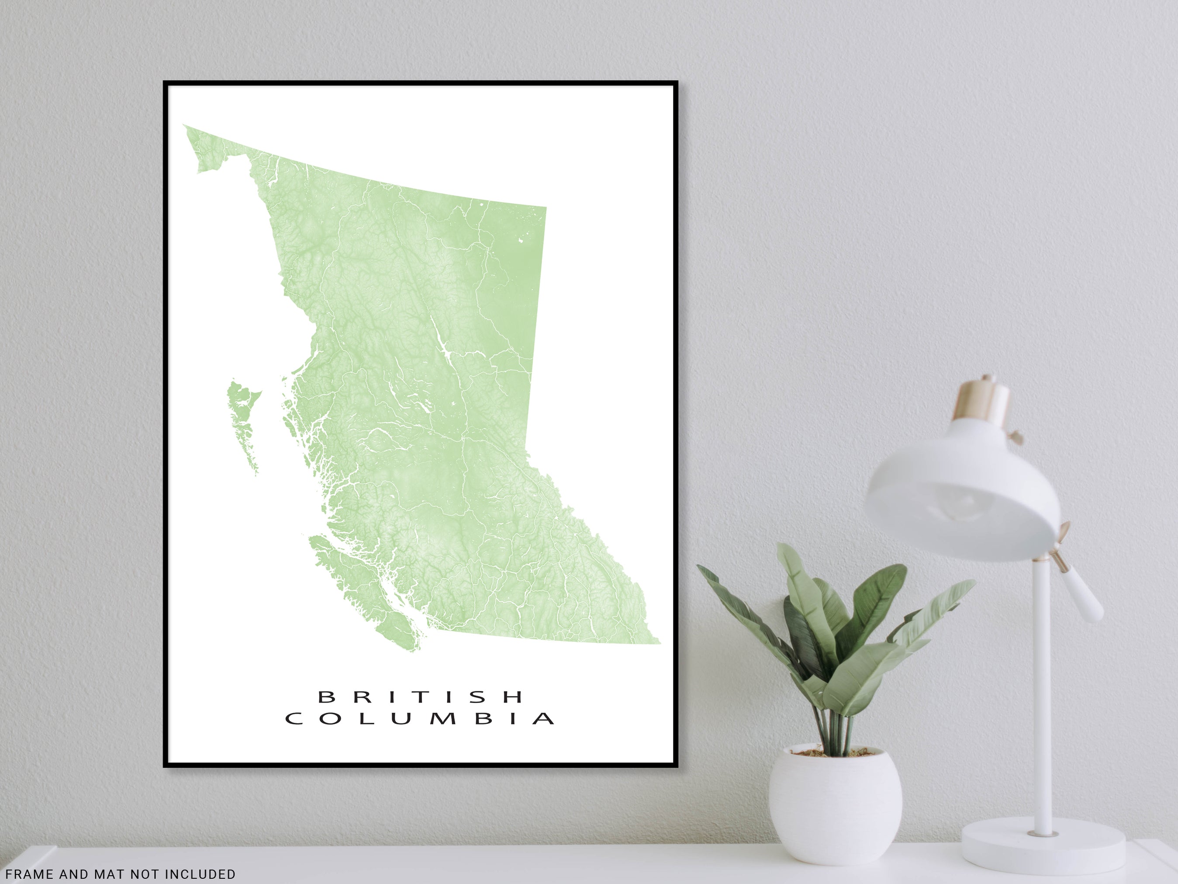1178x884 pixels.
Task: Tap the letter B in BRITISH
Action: (325, 696)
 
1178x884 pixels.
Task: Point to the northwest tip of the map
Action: (185, 126)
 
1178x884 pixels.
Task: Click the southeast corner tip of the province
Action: (659, 643)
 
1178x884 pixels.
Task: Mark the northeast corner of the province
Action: (546, 207)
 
